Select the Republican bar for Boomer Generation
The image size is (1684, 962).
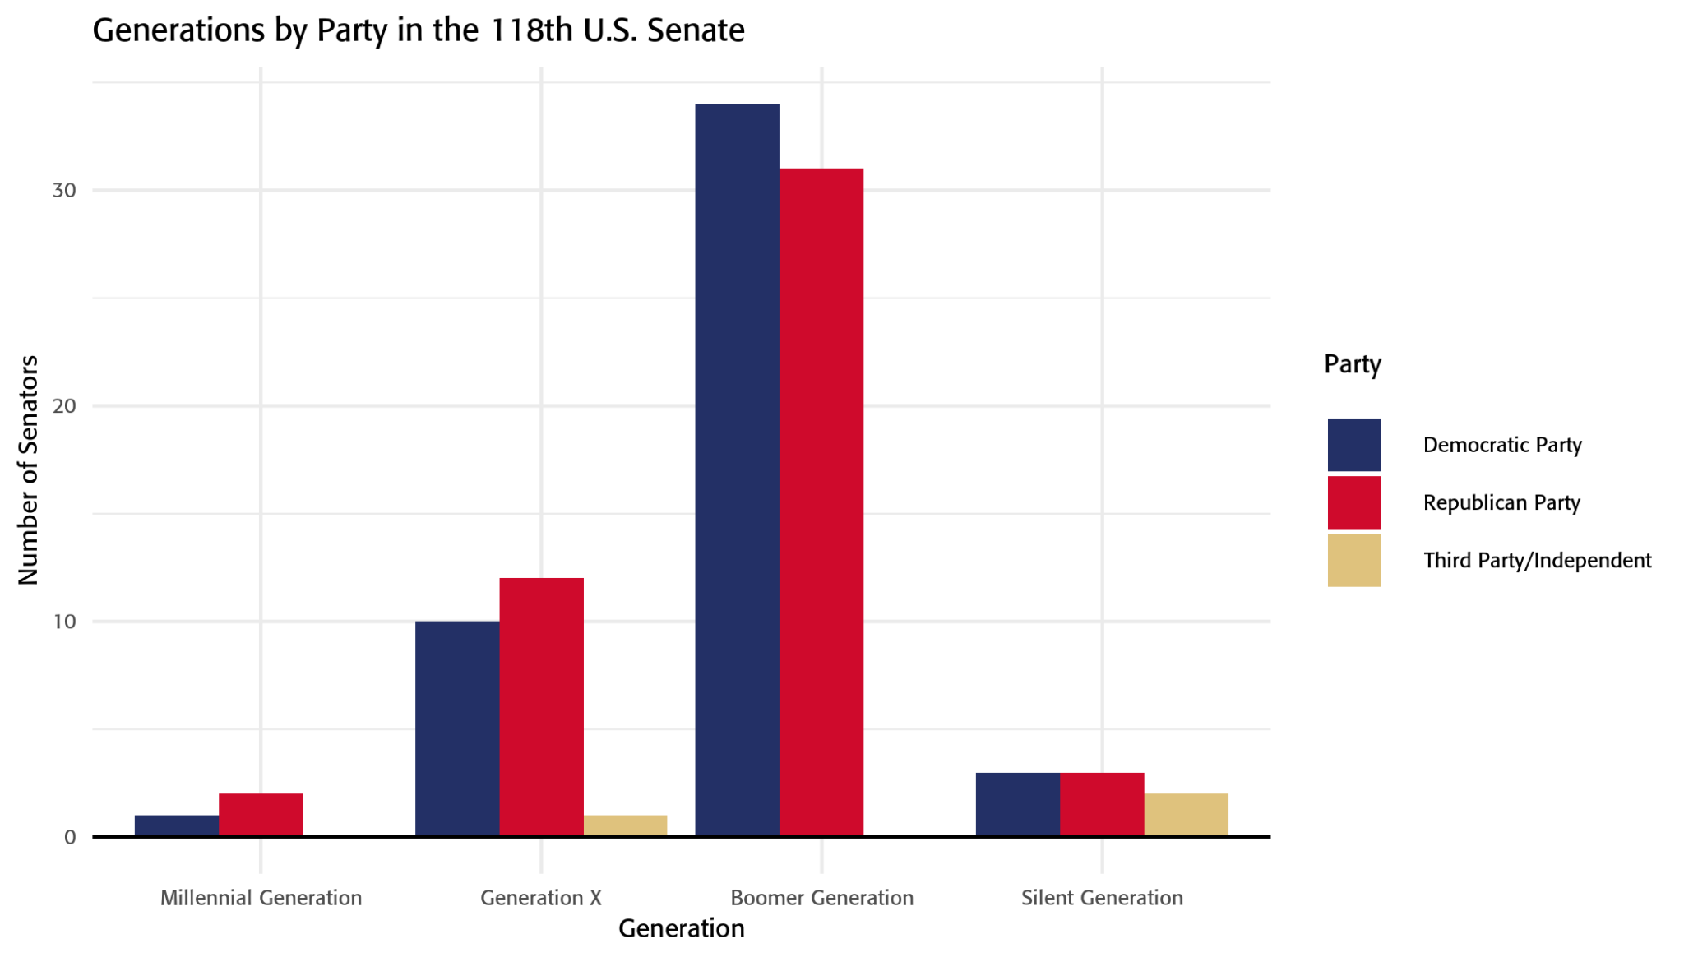[x=821, y=502]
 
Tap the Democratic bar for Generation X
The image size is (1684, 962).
[x=457, y=728]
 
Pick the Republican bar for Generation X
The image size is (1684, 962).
[x=541, y=707]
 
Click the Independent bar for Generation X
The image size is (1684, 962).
[x=625, y=826]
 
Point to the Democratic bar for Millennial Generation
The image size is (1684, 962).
[x=177, y=826]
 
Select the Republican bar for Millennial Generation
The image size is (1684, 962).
[x=261, y=815]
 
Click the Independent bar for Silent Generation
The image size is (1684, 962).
[x=1186, y=815]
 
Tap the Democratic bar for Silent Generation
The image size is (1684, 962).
[x=1017, y=804]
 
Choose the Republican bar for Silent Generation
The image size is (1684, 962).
[x=1102, y=804]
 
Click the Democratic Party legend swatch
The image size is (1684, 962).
[x=1353, y=445]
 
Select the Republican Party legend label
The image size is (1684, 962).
[x=1501, y=502]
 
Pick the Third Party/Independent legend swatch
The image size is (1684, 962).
[x=1353, y=560]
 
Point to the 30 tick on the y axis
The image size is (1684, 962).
[x=64, y=191]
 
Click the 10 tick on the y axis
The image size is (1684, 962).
[x=64, y=622]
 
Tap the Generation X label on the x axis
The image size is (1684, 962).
[x=541, y=897]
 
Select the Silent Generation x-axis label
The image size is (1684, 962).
[x=1102, y=897]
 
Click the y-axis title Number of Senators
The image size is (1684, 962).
[x=28, y=470]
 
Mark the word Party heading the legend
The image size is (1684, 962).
[x=1352, y=364]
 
